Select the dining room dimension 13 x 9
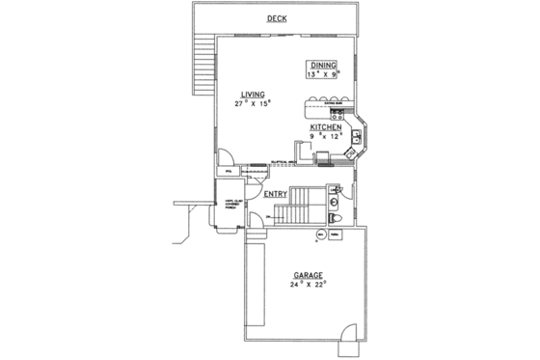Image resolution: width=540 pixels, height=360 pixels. [x=324, y=73]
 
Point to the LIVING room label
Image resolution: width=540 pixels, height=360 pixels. [x=254, y=94]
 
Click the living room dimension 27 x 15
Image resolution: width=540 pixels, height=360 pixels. [x=254, y=103]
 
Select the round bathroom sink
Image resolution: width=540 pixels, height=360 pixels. [x=333, y=202]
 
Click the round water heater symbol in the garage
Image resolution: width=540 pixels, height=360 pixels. [x=321, y=235]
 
